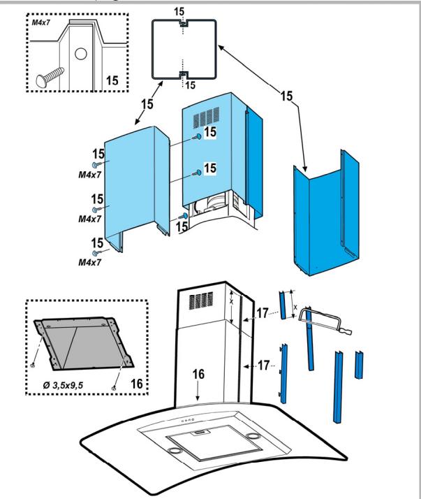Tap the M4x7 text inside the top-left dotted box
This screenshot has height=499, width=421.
43,22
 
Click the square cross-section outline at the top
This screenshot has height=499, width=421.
183,49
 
